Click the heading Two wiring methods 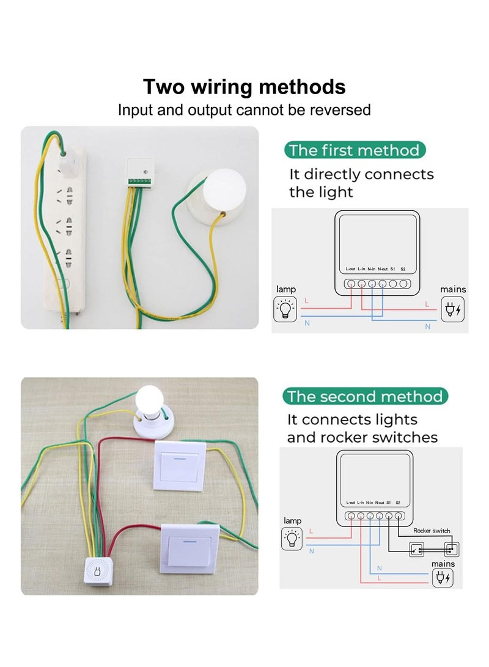tap(244, 87)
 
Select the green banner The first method tap(355, 150)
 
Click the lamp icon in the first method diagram tap(285, 309)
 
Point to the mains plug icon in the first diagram tap(453, 310)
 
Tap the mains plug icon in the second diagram tap(443, 578)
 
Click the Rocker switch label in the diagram tap(432, 531)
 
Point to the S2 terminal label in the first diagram tap(403, 270)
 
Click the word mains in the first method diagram tap(453, 289)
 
